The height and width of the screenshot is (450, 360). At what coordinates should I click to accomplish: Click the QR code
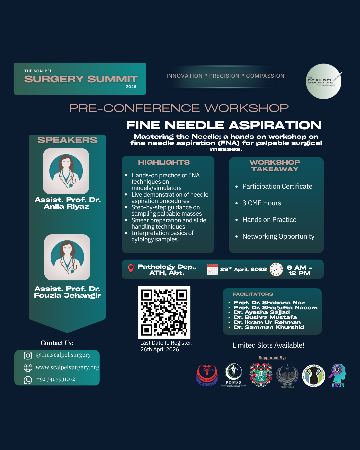(x=164, y=312)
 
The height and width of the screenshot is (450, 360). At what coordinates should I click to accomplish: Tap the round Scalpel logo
(x=323, y=81)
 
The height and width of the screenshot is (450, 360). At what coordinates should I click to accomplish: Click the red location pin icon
(x=131, y=268)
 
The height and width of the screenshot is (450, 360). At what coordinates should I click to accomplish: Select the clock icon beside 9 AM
(x=276, y=269)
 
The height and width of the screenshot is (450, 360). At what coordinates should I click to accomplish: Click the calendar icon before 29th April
(x=212, y=269)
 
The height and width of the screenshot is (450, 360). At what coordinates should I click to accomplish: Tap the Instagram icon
(x=28, y=356)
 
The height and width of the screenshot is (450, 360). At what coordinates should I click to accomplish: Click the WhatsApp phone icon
(x=28, y=380)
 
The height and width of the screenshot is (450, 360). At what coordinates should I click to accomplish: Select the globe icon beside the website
(x=28, y=368)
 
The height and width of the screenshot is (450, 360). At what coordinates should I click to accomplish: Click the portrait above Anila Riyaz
(x=66, y=171)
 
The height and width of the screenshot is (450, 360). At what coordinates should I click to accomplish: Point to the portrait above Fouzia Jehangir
(x=67, y=257)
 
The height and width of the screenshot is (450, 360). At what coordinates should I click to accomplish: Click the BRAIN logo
(x=338, y=375)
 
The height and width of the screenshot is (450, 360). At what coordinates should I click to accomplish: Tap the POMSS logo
(x=233, y=375)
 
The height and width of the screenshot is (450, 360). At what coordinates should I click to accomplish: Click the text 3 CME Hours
(x=262, y=203)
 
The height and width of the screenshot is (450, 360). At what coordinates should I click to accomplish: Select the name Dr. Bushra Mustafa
(x=265, y=317)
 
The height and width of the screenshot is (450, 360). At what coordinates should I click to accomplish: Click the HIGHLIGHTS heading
(x=164, y=162)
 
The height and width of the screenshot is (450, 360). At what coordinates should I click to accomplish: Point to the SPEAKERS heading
(x=67, y=140)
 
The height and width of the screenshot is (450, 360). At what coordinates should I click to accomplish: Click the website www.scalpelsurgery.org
(x=67, y=367)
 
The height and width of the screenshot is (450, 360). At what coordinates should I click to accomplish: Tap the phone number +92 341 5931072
(x=56, y=379)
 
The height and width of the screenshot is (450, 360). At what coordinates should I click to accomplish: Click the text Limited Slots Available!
(x=268, y=345)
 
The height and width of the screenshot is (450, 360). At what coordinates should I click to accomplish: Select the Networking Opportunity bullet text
(x=278, y=236)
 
